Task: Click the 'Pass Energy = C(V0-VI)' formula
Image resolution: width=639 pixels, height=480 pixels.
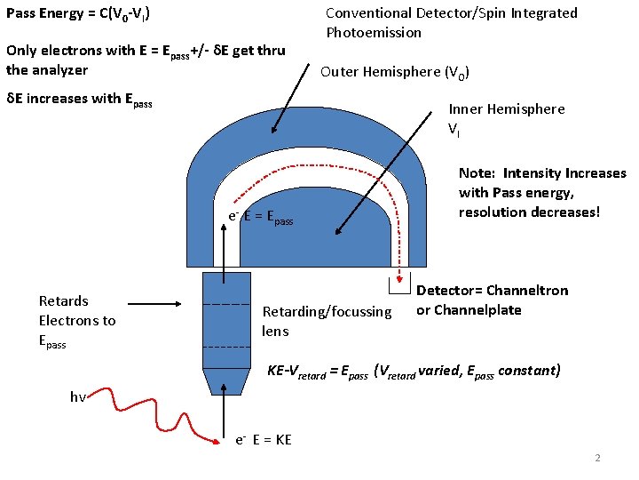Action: click(x=78, y=14)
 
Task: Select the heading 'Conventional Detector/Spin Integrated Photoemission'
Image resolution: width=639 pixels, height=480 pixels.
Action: click(x=451, y=22)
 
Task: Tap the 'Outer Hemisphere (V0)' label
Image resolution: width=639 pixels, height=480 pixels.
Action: click(x=395, y=72)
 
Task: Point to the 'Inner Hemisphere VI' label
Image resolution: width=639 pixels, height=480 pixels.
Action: click(x=506, y=119)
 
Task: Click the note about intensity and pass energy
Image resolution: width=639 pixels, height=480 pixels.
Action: click(x=541, y=193)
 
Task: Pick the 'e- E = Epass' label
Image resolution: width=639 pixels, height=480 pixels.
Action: click(x=261, y=216)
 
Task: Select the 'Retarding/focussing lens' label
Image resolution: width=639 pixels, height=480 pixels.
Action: click(x=327, y=321)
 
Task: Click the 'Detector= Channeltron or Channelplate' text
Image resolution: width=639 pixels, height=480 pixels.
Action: click(x=492, y=300)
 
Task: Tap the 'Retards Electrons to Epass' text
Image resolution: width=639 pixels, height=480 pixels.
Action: click(x=77, y=321)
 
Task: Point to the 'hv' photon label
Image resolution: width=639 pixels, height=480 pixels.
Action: click(x=78, y=397)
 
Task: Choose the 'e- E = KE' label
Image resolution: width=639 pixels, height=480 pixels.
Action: click(x=264, y=440)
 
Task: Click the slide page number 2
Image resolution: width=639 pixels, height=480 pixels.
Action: click(x=597, y=458)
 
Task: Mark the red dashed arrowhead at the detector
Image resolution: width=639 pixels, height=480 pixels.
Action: click(x=400, y=276)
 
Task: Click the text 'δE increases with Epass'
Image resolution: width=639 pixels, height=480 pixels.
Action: click(x=79, y=99)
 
